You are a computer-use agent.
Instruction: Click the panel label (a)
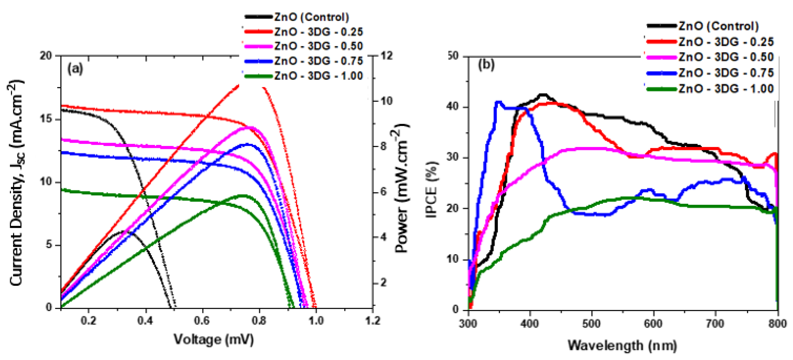[75, 68]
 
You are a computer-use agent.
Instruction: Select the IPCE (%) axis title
[432, 189]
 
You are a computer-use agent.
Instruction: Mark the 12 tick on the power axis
[386, 56]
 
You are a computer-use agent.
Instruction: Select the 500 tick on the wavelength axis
[591, 324]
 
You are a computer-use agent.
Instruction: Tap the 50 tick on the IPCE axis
[452, 56]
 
